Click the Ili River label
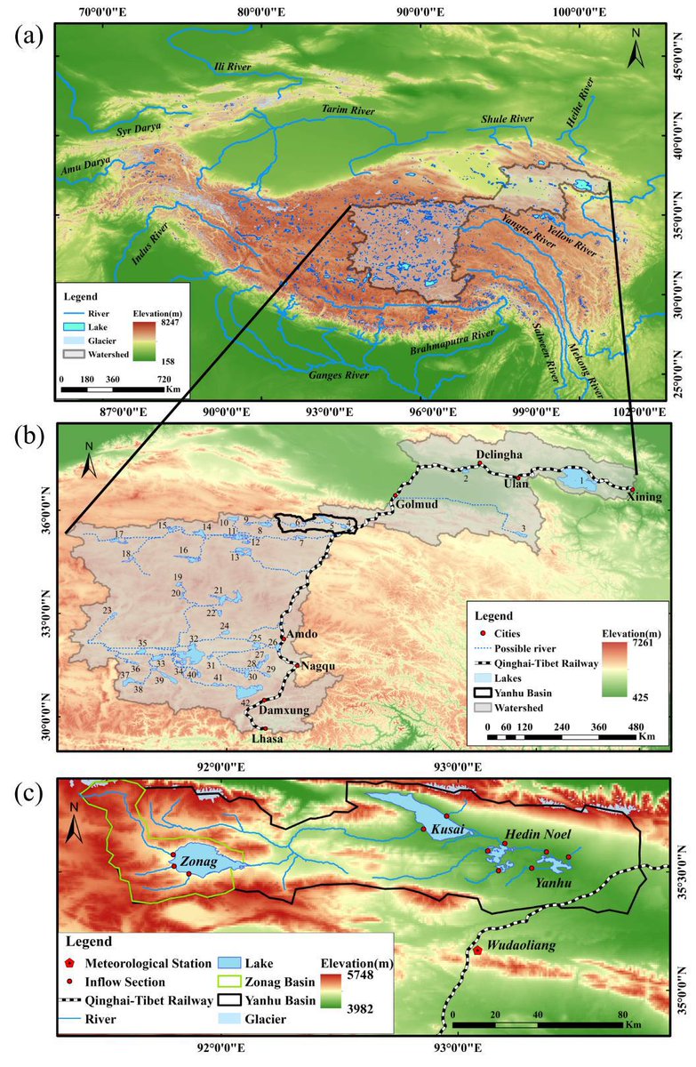coord(234,68)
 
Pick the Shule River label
coord(507,118)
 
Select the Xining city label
coord(644,498)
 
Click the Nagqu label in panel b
coord(318,665)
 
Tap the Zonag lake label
coord(198,862)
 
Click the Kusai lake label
coord(446,830)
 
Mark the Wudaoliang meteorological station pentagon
coord(477,951)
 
